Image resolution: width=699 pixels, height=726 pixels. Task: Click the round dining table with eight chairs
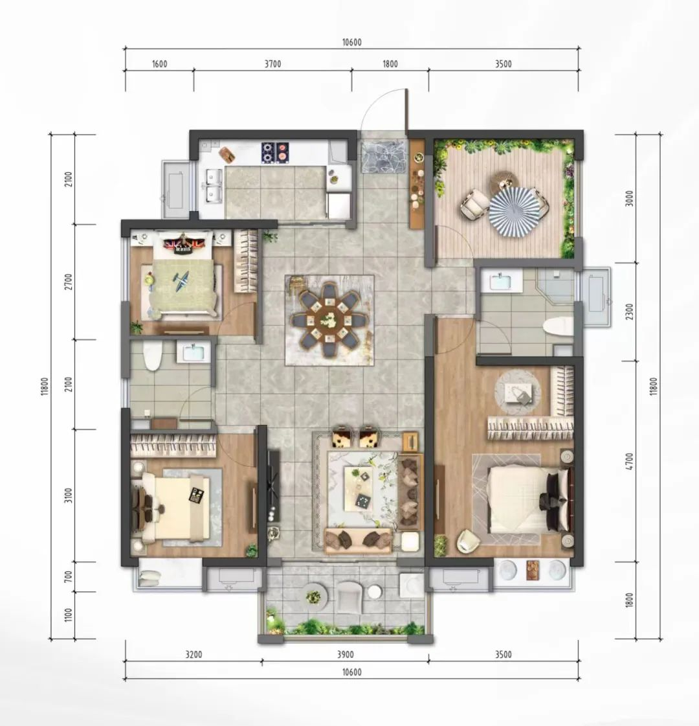(329, 319)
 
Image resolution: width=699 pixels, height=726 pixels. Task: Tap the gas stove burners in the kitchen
(275, 152)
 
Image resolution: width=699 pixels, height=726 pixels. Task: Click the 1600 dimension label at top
(160, 64)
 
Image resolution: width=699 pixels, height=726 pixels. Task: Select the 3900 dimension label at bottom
(345, 654)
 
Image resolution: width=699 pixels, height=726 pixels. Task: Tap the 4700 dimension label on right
(628, 462)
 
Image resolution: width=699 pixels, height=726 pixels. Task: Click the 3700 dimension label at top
(273, 64)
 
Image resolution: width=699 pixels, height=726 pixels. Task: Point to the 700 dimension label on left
(69, 577)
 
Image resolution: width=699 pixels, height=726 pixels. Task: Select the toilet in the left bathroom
(151, 356)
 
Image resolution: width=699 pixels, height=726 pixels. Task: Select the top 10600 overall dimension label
(351, 43)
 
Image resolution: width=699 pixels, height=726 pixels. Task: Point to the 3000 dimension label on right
(628, 199)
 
